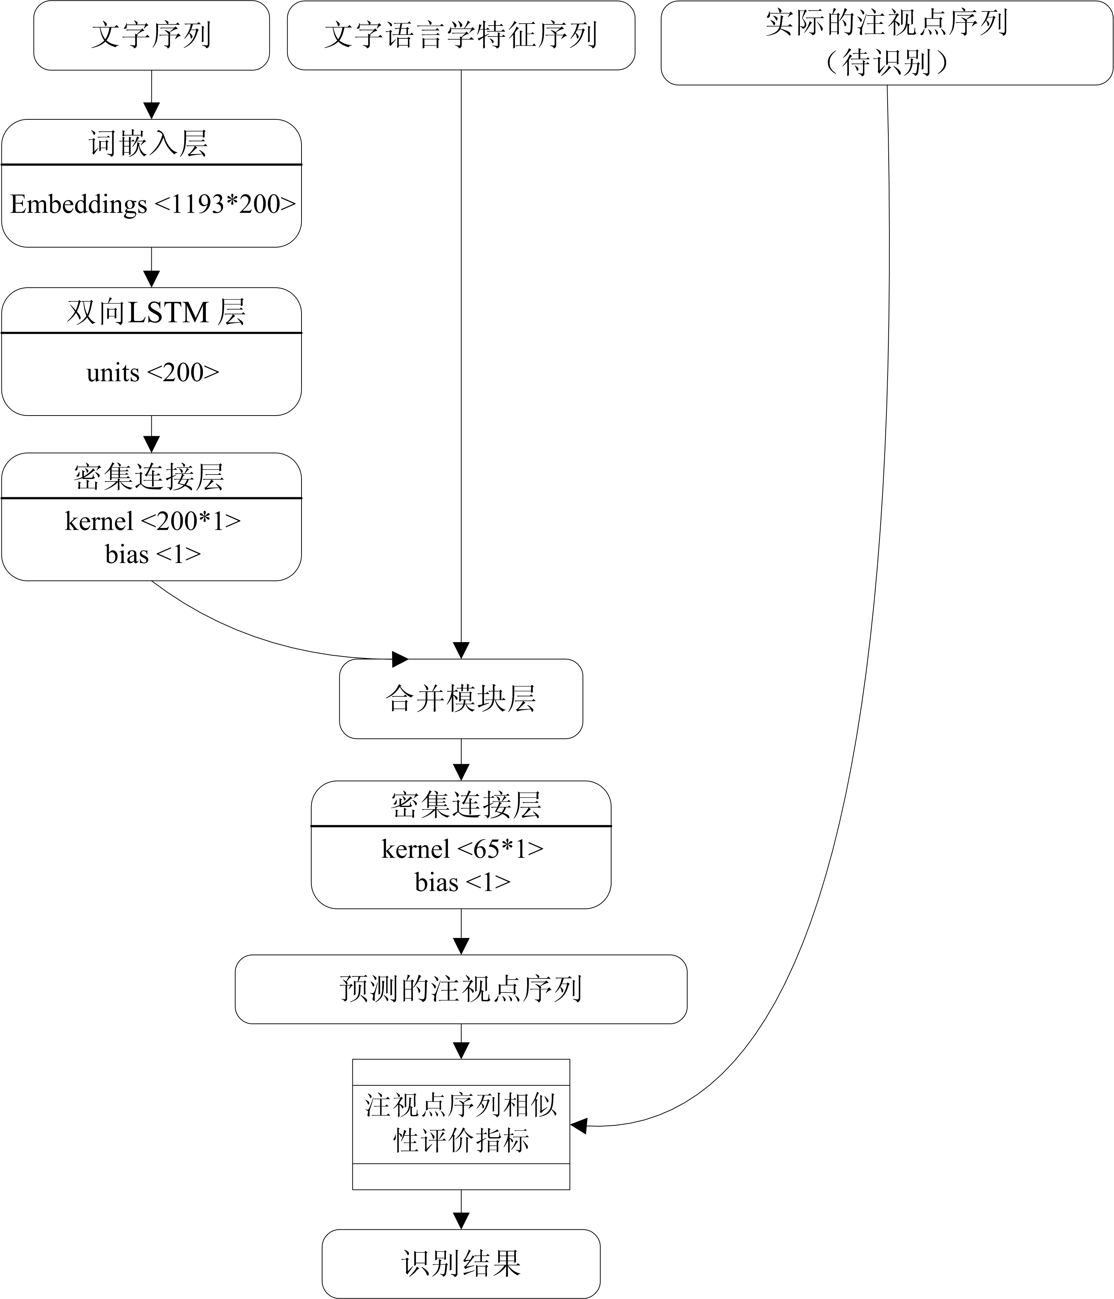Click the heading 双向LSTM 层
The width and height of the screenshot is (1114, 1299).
(x=155, y=312)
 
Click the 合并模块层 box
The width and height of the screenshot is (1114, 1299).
(x=461, y=698)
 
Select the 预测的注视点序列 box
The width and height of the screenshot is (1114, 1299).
(x=461, y=989)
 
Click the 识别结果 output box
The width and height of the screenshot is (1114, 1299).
(x=461, y=1263)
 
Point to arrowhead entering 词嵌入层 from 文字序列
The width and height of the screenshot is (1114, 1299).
(x=152, y=111)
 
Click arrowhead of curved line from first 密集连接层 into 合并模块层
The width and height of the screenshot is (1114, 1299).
(x=400, y=659)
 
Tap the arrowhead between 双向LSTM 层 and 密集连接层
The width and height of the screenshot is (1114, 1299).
(x=152, y=444)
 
